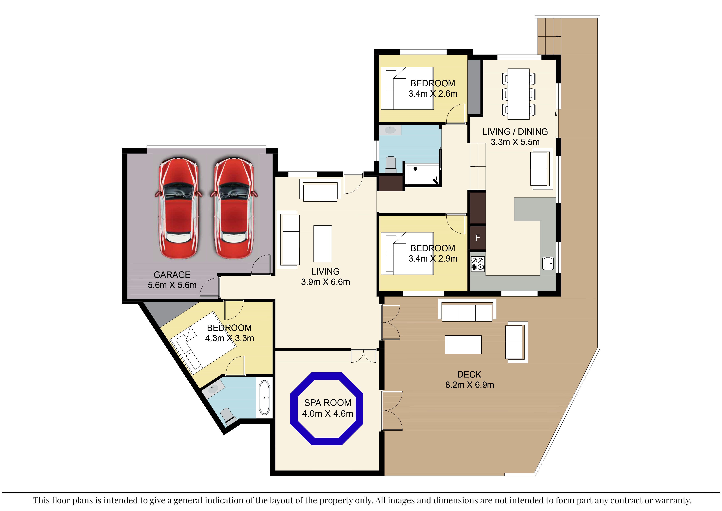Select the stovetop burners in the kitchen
tap(478, 264)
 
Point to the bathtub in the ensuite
tap(264, 398)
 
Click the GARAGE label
tap(172, 275)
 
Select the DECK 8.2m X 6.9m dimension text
tap(469, 385)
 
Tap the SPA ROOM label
tap(328, 403)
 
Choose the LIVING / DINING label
tap(515, 131)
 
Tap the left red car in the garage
tap(178, 208)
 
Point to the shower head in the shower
tap(436, 181)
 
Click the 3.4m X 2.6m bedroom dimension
tap(433, 93)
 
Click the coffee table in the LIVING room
tap(323, 243)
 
